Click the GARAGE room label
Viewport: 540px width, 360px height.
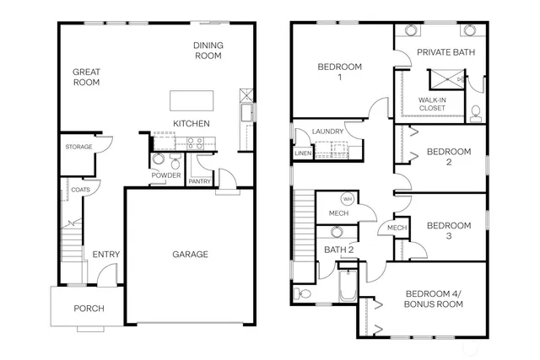(x=190, y=254)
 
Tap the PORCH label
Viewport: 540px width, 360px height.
(x=89, y=309)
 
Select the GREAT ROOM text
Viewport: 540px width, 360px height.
(x=86, y=77)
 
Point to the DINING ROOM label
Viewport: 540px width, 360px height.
(x=207, y=51)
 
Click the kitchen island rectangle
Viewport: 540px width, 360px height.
(x=191, y=100)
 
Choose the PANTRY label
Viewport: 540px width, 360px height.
(x=200, y=181)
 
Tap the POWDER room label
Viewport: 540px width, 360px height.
(x=166, y=175)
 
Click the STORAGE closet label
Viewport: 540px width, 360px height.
(x=78, y=148)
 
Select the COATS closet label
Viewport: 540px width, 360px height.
(x=81, y=190)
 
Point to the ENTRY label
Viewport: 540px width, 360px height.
(x=105, y=254)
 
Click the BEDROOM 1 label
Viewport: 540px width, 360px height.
(x=339, y=72)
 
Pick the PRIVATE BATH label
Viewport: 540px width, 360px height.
(x=445, y=51)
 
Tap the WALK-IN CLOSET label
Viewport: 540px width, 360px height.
(x=434, y=104)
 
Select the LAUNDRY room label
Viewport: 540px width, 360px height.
(x=327, y=132)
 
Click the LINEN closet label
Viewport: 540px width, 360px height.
(x=302, y=153)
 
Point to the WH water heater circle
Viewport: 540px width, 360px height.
(x=348, y=199)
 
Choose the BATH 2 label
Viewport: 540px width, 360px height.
(x=337, y=249)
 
